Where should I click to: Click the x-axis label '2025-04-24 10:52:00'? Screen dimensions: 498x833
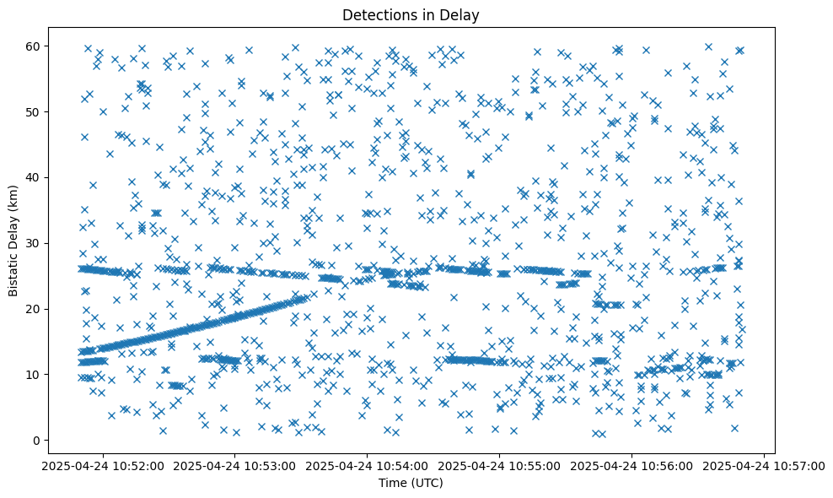(103, 466)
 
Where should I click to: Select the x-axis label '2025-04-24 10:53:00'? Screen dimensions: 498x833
(235, 466)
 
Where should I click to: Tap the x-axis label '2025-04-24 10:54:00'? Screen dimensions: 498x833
(368, 466)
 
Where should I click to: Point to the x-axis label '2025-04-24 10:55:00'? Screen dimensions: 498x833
(500, 466)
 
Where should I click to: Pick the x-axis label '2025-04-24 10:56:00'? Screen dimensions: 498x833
(632, 466)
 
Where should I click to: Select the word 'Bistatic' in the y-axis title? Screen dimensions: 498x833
(14, 272)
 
